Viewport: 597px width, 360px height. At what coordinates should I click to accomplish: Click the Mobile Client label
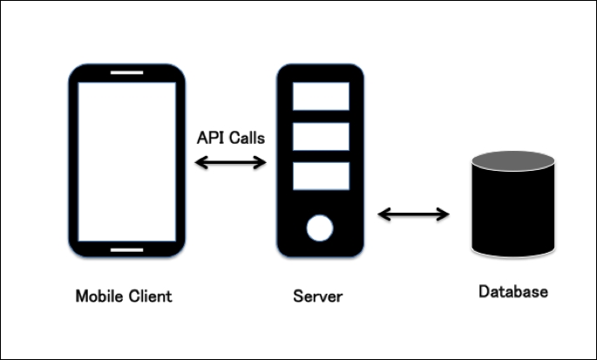tap(123, 295)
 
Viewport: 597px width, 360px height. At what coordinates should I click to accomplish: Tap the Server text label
tap(317, 296)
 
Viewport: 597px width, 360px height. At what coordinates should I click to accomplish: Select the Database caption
tap(513, 291)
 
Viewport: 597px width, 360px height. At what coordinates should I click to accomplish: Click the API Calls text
tap(230, 138)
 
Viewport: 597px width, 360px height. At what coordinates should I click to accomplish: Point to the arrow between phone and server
tap(230, 161)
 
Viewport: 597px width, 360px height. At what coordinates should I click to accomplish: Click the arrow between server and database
tap(413, 214)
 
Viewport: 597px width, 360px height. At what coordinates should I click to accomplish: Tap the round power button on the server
tap(319, 229)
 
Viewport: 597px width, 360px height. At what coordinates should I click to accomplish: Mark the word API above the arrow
tap(209, 138)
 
